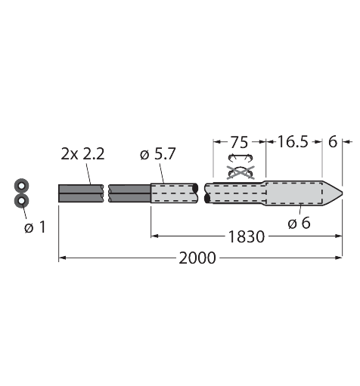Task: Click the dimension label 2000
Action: (197, 258)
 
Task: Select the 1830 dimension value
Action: (247, 236)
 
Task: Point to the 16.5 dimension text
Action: (293, 141)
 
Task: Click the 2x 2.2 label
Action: (82, 154)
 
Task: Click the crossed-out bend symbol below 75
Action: (241, 165)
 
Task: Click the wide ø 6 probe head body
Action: (295, 193)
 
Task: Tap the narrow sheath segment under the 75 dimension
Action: (234, 193)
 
